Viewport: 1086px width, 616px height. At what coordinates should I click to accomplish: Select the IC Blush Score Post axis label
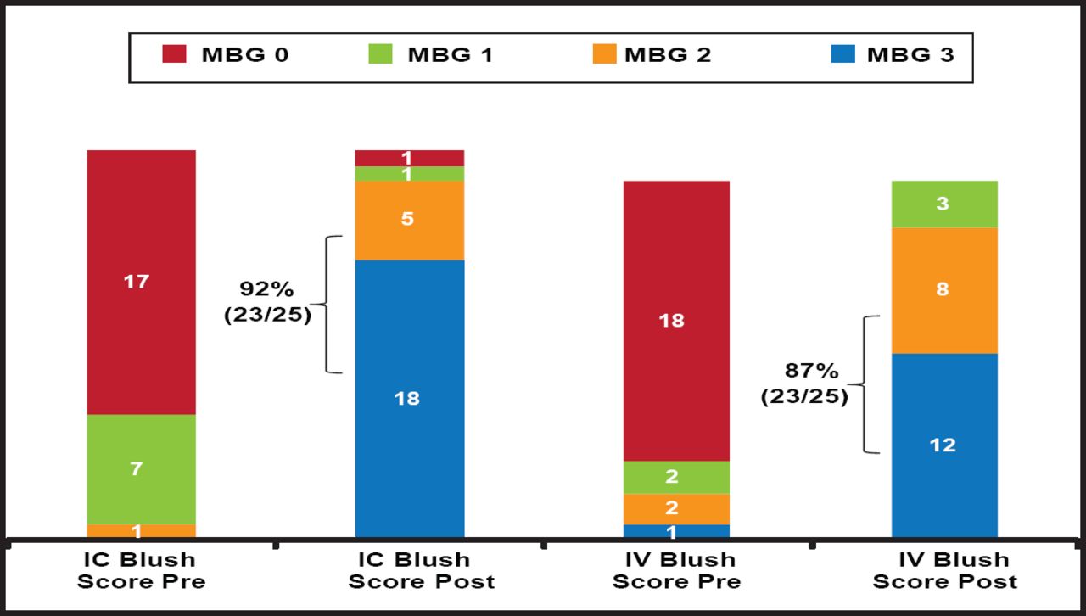point(410,570)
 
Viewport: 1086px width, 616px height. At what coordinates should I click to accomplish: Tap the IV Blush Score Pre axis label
point(676,570)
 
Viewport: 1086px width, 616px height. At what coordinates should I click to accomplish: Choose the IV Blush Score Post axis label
point(944,570)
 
